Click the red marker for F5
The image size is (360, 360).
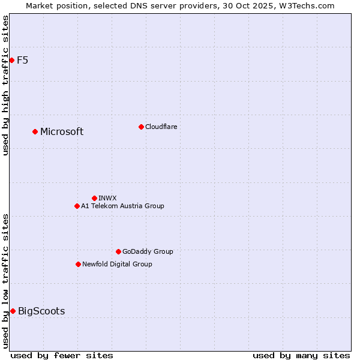[x=11, y=60]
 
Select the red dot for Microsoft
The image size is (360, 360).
[x=35, y=131]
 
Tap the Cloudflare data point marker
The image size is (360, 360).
[x=141, y=127]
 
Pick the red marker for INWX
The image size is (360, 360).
[x=94, y=198]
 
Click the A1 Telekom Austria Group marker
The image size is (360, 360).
[x=77, y=206]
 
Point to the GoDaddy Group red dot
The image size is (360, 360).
[x=118, y=251]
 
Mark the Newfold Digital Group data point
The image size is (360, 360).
[x=78, y=264]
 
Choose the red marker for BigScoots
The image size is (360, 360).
[x=13, y=311]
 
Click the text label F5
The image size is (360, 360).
[x=22, y=60]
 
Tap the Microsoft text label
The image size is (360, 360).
[x=62, y=132]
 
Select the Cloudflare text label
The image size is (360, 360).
[x=161, y=127]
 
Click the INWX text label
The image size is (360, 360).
[x=107, y=198]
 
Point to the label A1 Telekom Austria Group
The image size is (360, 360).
[x=122, y=206]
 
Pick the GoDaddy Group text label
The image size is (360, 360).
[x=148, y=251]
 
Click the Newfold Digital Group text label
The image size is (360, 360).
[x=117, y=264]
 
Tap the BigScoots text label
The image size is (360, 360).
[x=41, y=311]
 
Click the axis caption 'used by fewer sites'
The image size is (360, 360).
[x=62, y=355]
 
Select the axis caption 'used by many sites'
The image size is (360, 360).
[x=301, y=355]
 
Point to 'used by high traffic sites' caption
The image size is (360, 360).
[x=5, y=85]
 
